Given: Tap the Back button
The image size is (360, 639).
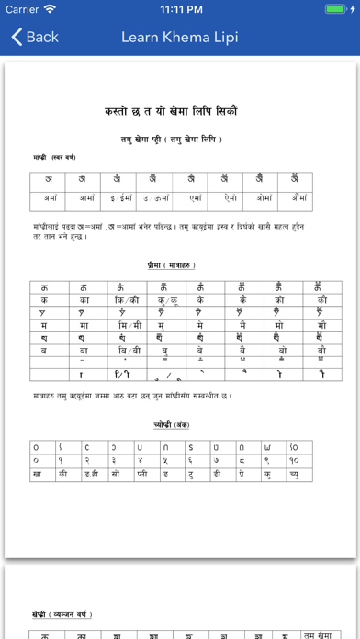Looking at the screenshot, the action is pyautogui.click(x=34, y=37).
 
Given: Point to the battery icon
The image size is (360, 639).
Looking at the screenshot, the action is pyautogui.click(x=339, y=9).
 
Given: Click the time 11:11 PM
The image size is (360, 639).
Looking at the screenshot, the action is pyautogui.click(x=180, y=9).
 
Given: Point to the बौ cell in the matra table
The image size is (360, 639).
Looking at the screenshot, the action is pyautogui.click(x=321, y=351).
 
